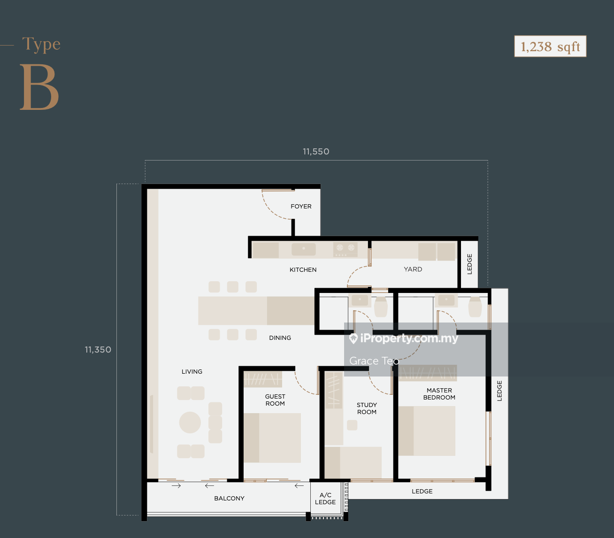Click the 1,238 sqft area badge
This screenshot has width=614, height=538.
pyautogui.click(x=550, y=46)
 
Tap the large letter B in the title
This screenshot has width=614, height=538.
pyautogui.click(x=39, y=87)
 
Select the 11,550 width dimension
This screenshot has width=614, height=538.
pyautogui.click(x=316, y=152)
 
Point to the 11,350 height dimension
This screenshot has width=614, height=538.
pyautogui.click(x=98, y=350)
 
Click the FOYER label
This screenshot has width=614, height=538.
pyautogui.click(x=301, y=207)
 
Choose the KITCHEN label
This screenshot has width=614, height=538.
pyautogui.click(x=303, y=270)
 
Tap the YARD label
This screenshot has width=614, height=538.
pyautogui.click(x=413, y=269)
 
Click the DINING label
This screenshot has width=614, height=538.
pyautogui.click(x=280, y=338)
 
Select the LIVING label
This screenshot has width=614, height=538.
pyautogui.click(x=192, y=372)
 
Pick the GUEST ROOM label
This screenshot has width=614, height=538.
pyautogui.click(x=275, y=400)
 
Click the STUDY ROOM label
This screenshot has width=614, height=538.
pyautogui.click(x=367, y=408)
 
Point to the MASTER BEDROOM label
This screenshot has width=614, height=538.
pyautogui.click(x=439, y=394)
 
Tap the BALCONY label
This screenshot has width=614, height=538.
pyautogui.click(x=229, y=498)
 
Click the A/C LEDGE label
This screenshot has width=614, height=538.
pyautogui.click(x=325, y=499)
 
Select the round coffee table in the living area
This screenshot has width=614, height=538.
pyautogui.click(x=190, y=423)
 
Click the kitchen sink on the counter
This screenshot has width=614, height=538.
pyautogui.click(x=304, y=249)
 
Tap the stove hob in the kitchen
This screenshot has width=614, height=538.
pyautogui.click(x=345, y=249)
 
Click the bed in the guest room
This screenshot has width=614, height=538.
pyautogui.click(x=272, y=438)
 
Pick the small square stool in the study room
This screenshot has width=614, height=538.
pyautogui.click(x=352, y=425)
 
